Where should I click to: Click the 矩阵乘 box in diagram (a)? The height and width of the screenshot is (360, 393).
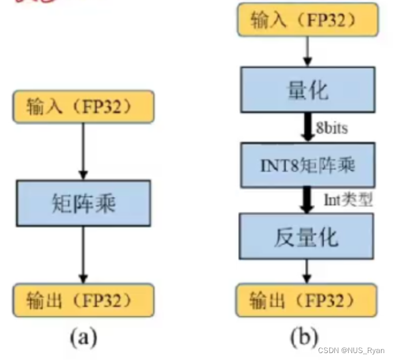84,202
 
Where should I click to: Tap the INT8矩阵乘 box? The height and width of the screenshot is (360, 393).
308,166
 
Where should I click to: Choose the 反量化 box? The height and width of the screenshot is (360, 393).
308,237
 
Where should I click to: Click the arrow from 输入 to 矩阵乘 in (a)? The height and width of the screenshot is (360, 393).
84,150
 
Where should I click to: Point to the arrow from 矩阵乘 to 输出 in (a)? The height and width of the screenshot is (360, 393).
84,254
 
